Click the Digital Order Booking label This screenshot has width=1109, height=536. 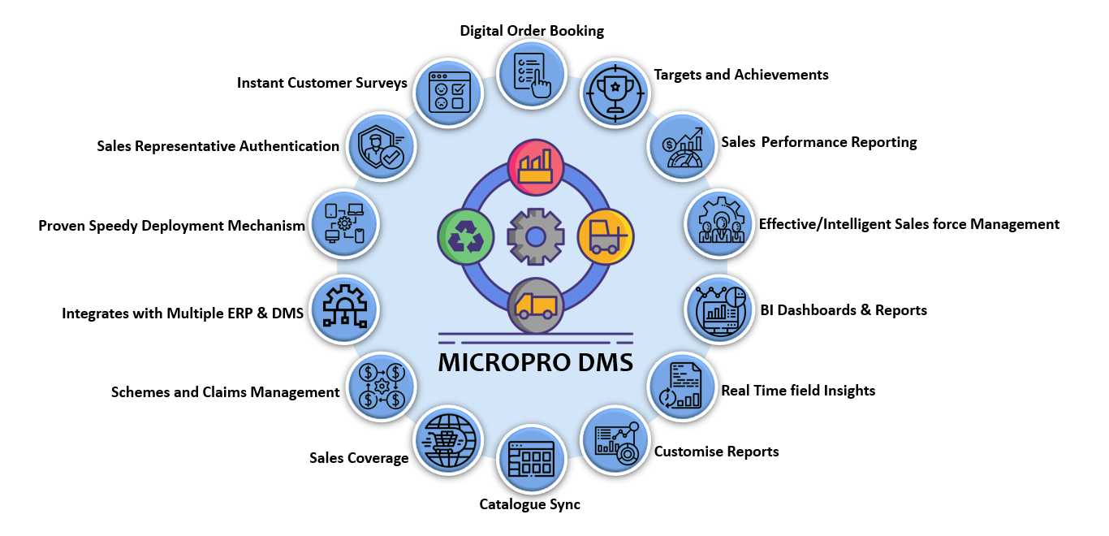tap(532, 31)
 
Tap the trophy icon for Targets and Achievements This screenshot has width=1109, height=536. tap(615, 92)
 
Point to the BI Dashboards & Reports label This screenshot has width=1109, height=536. tap(844, 310)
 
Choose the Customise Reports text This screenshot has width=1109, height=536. tap(716, 452)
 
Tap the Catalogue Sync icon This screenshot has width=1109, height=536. tap(531, 459)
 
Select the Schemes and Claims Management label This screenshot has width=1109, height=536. tap(225, 392)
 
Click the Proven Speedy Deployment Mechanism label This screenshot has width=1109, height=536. tap(171, 226)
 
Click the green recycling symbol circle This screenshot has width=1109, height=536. tap(465, 238)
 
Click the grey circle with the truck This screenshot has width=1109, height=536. tap(535, 305)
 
